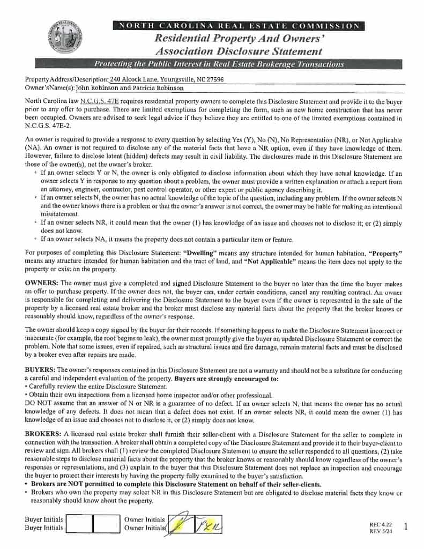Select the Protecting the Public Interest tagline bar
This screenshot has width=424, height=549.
tap(219, 64)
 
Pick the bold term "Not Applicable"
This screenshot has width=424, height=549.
tap(266, 262)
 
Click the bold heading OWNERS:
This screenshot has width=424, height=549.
tap(42, 283)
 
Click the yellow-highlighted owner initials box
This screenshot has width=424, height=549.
tap(181, 524)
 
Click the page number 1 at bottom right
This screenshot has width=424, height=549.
tap(405, 527)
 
